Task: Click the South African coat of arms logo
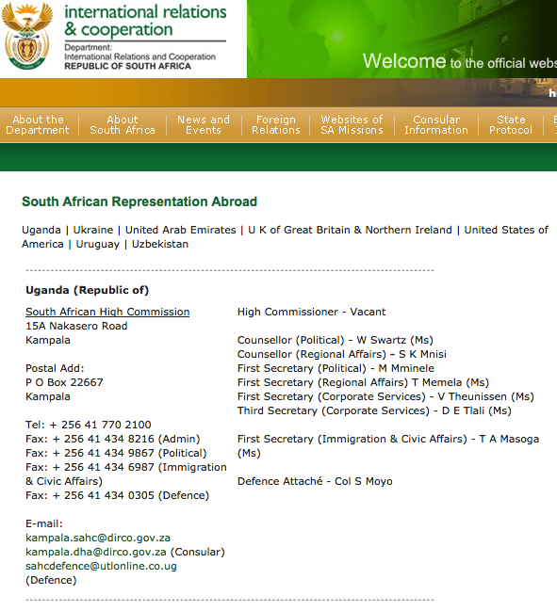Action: [x=28, y=38]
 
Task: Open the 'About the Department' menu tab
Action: [x=38, y=125]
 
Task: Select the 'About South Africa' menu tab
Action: [x=123, y=125]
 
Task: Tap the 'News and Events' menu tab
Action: [x=204, y=125]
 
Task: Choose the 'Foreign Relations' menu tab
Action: [x=276, y=125]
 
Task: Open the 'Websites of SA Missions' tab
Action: [x=352, y=125]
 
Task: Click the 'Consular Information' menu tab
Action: [x=436, y=125]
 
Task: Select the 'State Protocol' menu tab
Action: [x=511, y=125]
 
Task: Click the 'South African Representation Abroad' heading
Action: [x=139, y=201]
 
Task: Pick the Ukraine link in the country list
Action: [x=92, y=230]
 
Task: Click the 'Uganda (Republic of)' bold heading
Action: [x=87, y=290]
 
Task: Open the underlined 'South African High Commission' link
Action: [x=107, y=312]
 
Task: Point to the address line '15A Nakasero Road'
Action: [x=76, y=326]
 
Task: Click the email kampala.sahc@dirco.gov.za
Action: [x=98, y=538]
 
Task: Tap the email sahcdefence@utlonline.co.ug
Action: [x=101, y=566]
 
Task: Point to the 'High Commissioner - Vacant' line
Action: [x=311, y=312]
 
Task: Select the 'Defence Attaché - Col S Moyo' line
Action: [x=315, y=481]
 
